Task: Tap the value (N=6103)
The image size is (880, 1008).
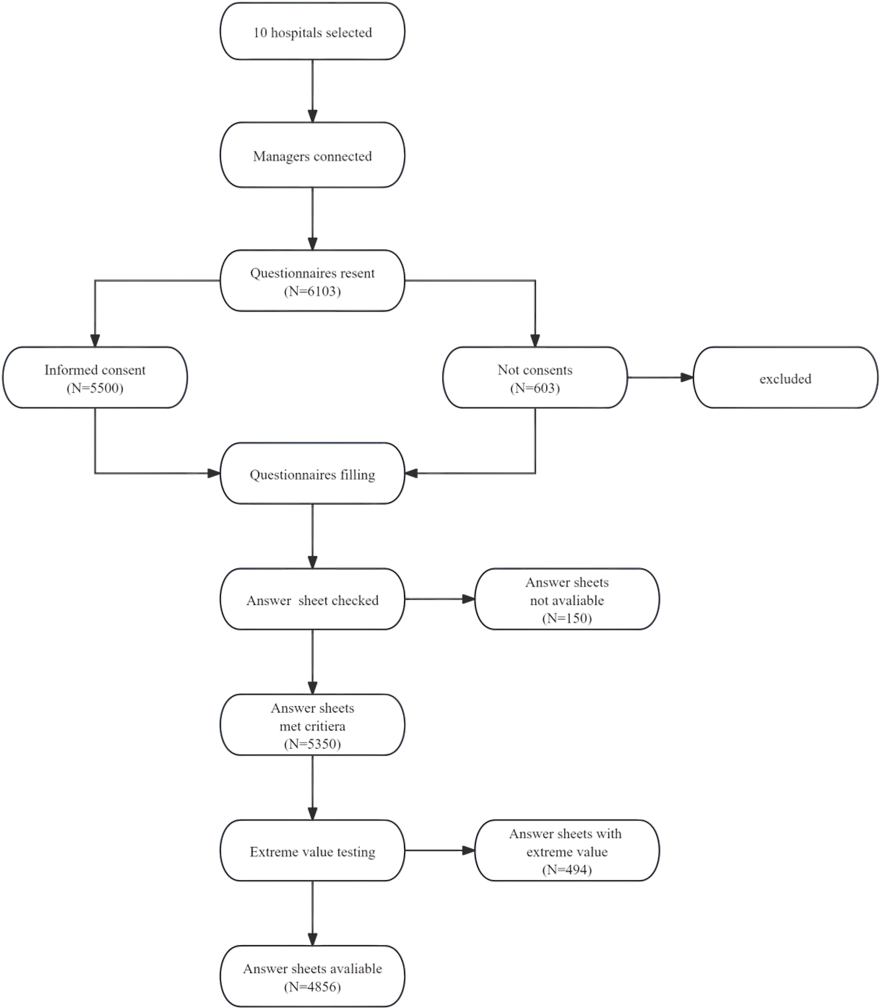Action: (x=312, y=291)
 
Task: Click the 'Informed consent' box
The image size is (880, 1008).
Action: (x=95, y=377)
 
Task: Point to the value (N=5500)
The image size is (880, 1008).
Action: (x=95, y=388)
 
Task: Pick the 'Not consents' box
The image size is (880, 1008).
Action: (x=535, y=377)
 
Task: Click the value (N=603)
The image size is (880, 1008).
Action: (x=535, y=388)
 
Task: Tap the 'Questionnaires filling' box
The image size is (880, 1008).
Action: (x=312, y=474)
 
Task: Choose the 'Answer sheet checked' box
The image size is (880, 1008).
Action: (x=312, y=600)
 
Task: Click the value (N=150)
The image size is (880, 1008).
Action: (x=567, y=618)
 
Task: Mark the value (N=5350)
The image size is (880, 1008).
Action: (x=312, y=744)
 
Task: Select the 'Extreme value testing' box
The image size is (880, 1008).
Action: (x=312, y=852)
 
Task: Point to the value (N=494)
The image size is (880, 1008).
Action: (x=567, y=870)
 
